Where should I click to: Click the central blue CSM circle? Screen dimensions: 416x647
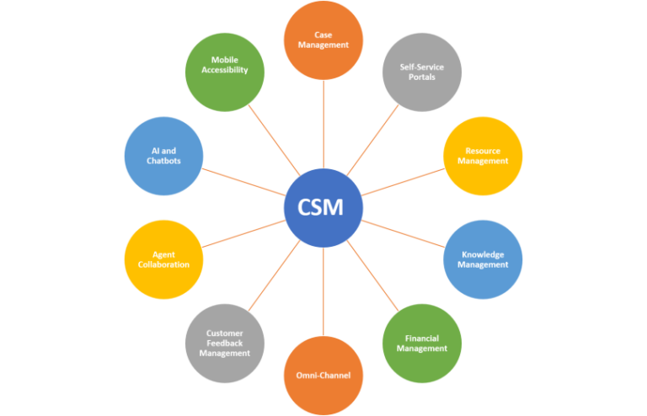click(323, 208)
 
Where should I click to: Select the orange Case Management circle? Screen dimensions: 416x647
click(324, 40)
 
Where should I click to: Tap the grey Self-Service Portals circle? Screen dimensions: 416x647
click(422, 72)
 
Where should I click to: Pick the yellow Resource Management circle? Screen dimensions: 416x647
click(483, 156)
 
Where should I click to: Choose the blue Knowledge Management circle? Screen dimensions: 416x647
click(483, 259)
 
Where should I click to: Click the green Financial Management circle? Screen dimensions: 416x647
click(422, 344)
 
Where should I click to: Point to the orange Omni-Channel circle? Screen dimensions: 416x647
click(323, 375)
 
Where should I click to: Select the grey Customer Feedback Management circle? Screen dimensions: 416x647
click(225, 344)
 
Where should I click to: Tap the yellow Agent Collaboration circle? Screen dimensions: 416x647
click(164, 259)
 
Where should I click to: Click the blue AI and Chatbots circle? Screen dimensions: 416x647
click(163, 156)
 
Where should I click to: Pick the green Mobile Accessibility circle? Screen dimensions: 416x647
click(225, 72)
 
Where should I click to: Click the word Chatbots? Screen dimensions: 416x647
click(164, 161)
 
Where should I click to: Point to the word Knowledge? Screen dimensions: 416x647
click(483, 253)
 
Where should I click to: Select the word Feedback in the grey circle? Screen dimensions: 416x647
click(225, 344)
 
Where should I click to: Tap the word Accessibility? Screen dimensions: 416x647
click(225, 71)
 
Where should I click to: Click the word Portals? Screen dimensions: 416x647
click(422, 77)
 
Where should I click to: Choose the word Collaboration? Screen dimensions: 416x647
click(164, 264)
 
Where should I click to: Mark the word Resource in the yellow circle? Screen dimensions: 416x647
click(483, 151)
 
